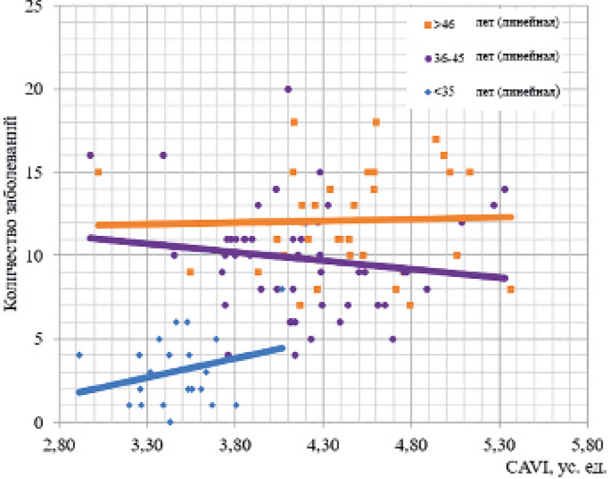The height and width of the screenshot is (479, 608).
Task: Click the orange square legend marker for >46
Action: point(427,25)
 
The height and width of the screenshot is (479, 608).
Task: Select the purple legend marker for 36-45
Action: point(427,58)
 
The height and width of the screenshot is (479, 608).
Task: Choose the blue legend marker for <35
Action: point(427,92)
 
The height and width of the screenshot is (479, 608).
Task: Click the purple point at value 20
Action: point(288,89)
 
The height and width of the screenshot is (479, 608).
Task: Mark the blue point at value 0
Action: point(170,422)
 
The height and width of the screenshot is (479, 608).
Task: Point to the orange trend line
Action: point(302,221)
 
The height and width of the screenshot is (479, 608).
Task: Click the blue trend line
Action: point(181,370)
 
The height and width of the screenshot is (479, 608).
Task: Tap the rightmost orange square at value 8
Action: point(510,289)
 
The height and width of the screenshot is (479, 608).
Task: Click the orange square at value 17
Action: point(435,139)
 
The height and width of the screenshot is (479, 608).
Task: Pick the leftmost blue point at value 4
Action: point(79,355)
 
